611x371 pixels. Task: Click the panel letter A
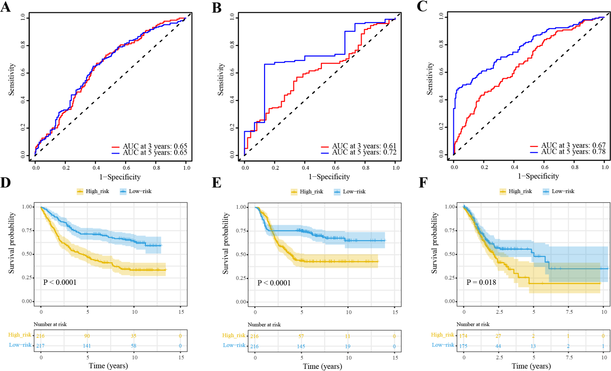[6, 7]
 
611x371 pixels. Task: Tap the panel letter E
[216, 183]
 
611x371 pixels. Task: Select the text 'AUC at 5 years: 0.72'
[364, 152]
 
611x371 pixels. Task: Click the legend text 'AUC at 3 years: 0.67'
[573, 145]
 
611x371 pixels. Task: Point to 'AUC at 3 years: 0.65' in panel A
[155, 146]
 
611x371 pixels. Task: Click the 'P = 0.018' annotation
[481, 282]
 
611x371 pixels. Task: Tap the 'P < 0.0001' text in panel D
[60, 282]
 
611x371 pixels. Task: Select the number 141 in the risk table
[87, 346]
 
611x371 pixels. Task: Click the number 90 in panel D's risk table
[87, 336]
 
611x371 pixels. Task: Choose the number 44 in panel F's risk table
[498, 346]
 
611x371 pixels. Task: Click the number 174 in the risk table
[463, 336]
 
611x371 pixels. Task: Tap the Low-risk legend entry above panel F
[563, 191]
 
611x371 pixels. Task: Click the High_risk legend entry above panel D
[97, 191]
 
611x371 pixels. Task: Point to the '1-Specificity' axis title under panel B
[329, 177]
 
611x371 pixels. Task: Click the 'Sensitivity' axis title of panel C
[430, 79]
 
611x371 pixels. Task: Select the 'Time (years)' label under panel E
[322, 366]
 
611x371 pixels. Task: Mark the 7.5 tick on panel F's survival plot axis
[569, 312]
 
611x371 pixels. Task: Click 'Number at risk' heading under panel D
[50, 324]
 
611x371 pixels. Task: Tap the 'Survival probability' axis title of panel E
[225, 243]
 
